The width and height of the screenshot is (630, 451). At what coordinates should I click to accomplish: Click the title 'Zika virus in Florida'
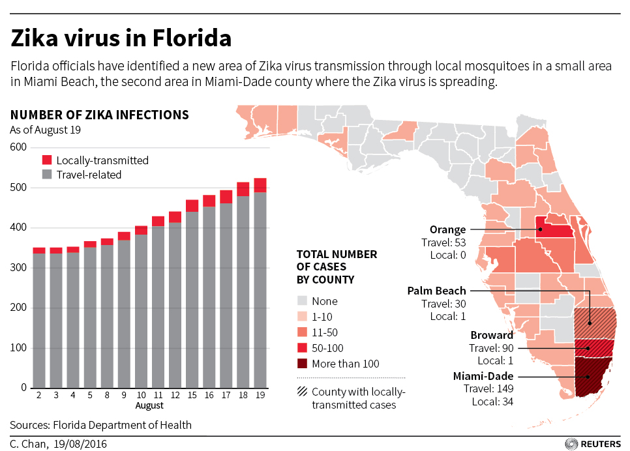(x=121, y=39)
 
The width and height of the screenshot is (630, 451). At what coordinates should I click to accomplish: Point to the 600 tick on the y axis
(x=18, y=147)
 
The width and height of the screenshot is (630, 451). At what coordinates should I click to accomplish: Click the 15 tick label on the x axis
(x=192, y=396)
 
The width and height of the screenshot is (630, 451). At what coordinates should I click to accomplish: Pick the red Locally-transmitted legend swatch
(x=47, y=160)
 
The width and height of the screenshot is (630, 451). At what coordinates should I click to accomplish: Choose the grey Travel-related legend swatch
(x=47, y=175)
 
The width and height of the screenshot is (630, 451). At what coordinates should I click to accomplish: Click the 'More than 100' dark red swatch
(x=301, y=364)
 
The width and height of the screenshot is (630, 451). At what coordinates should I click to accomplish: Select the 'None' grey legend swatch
(x=301, y=301)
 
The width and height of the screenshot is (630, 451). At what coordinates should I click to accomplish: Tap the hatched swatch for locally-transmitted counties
(x=301, y=392)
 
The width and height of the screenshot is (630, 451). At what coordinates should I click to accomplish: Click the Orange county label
(x=447, y=229)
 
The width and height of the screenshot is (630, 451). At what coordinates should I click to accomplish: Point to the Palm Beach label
(x=436, y=291)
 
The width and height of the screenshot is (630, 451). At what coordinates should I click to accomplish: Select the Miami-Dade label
(x=483, y=376)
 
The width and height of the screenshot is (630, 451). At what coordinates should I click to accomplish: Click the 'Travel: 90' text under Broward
(x=490, y=348)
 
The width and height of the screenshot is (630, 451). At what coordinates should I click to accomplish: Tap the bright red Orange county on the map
(x=555, y=230)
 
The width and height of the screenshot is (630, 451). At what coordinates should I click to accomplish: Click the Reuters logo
(x=593, y=443)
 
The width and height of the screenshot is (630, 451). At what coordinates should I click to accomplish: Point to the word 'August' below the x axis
(x=149, y=406)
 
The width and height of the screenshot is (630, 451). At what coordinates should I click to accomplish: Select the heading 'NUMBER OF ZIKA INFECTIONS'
(x=100, y=115)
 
